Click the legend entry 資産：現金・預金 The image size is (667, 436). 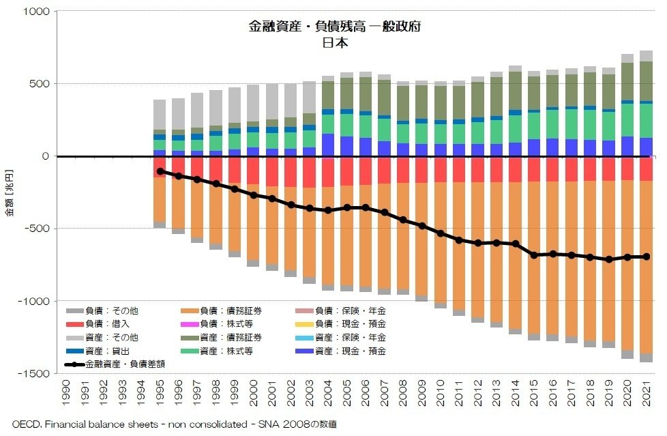(355, 351)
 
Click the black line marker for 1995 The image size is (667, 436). (160, 171)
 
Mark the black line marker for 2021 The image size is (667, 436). (645, 257)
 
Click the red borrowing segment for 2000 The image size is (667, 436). (253, 170)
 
